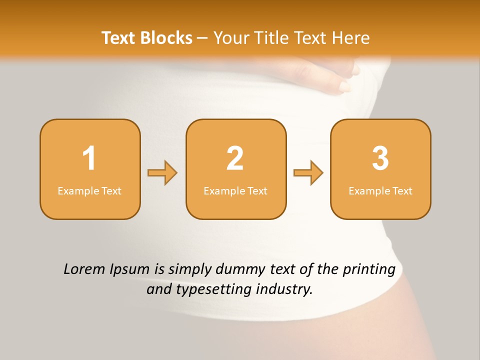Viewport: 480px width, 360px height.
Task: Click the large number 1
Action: pos(89,158)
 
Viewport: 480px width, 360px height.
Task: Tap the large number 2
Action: pos(235,158)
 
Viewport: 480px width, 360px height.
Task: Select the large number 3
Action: pos(380,158)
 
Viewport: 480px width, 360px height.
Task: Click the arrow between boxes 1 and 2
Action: pos(162,173)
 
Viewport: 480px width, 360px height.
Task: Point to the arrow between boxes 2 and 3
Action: pos(308,173)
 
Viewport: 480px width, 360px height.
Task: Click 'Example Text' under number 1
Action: pos(89,190)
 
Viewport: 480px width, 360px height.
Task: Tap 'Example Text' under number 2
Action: pos(235,190)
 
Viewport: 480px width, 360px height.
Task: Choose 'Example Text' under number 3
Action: pos(380,190)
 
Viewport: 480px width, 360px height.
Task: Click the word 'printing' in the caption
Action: pos(369,270)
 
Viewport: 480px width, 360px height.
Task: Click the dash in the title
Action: pos(202,38)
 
